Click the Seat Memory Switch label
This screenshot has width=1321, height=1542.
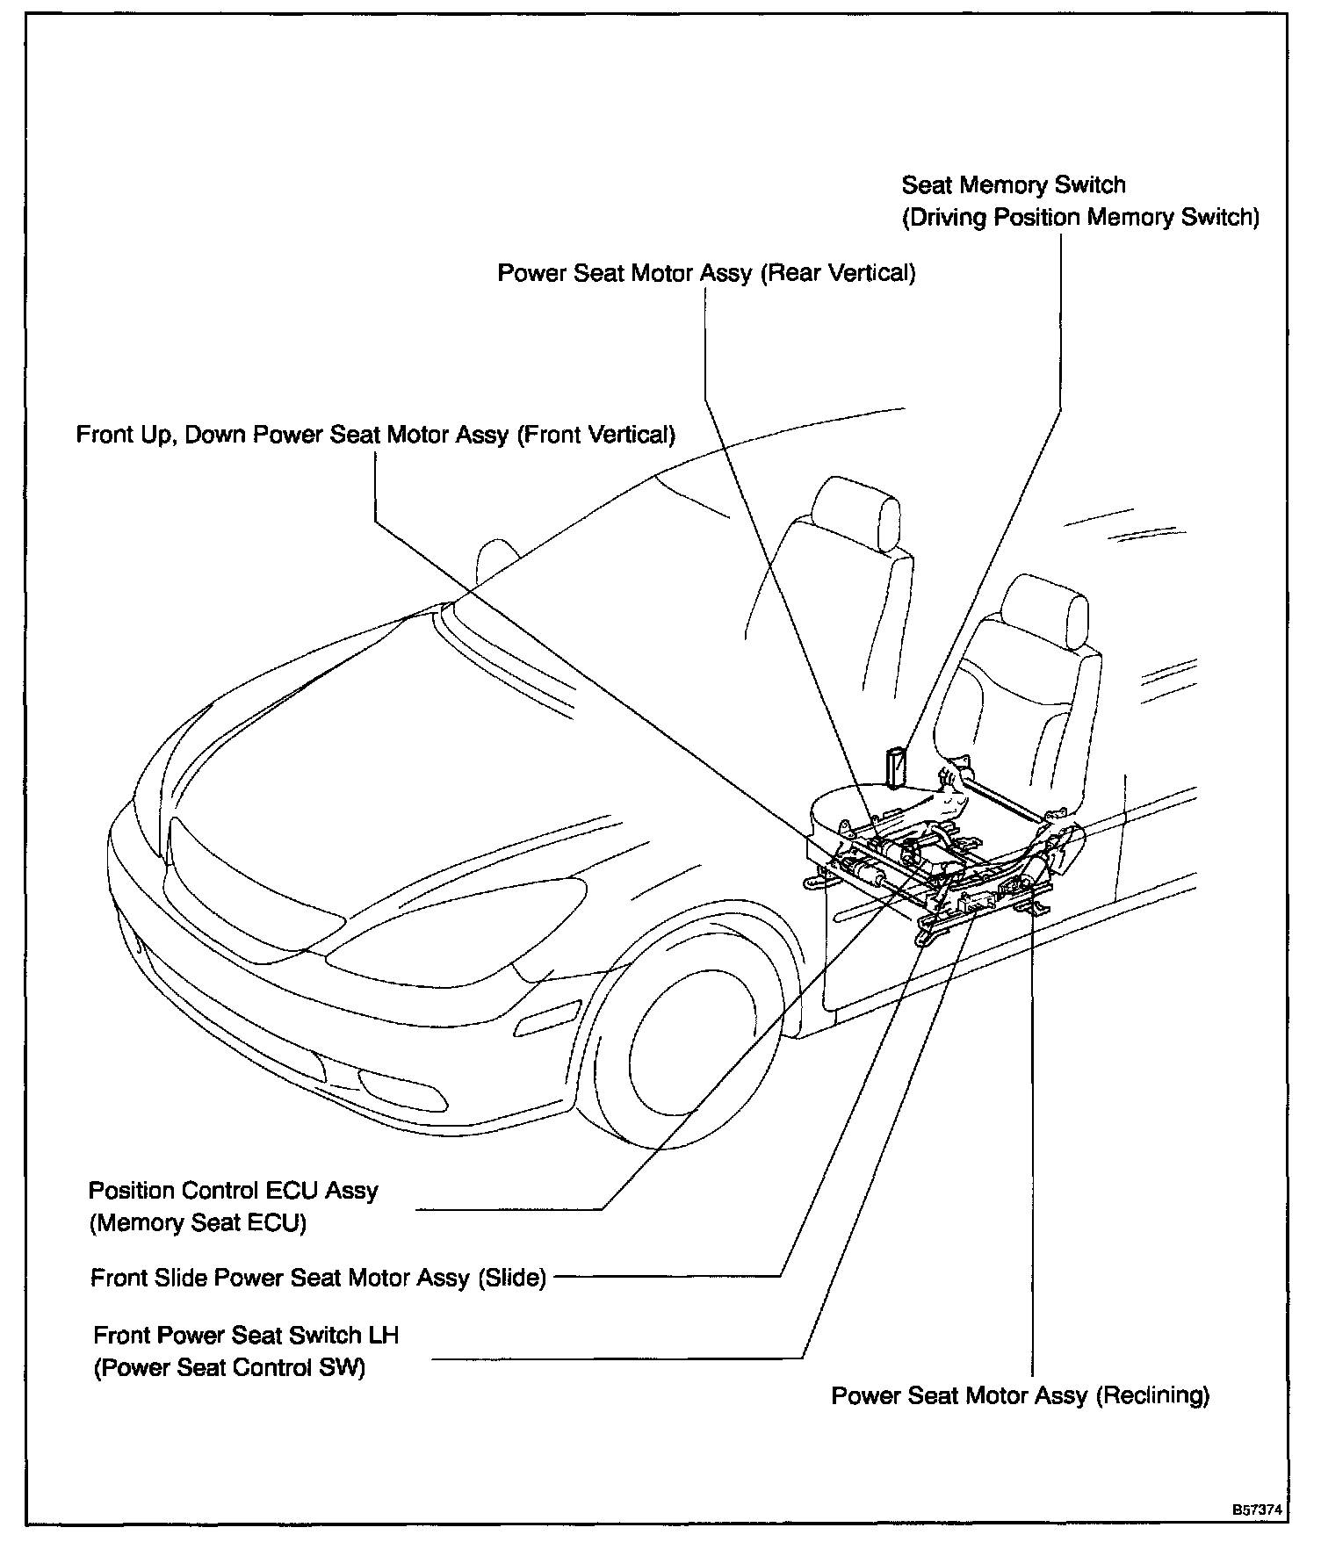(1013, 185)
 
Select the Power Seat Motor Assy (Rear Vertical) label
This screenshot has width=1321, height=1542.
(706, 273)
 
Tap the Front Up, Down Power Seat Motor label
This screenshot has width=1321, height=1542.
(375, 435)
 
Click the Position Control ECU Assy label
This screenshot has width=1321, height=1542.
(233, 1191)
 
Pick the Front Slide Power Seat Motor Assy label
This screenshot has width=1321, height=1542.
(318, 1278)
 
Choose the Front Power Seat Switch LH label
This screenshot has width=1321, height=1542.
(246, 1336)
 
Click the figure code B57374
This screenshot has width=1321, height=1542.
(1256, 1510)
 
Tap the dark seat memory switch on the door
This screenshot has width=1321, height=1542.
(897, 767)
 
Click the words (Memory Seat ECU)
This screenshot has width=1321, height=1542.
(198, 1223)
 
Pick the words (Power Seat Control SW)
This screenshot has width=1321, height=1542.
(228, 1368)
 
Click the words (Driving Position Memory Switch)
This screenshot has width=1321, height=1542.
(1080, 218)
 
